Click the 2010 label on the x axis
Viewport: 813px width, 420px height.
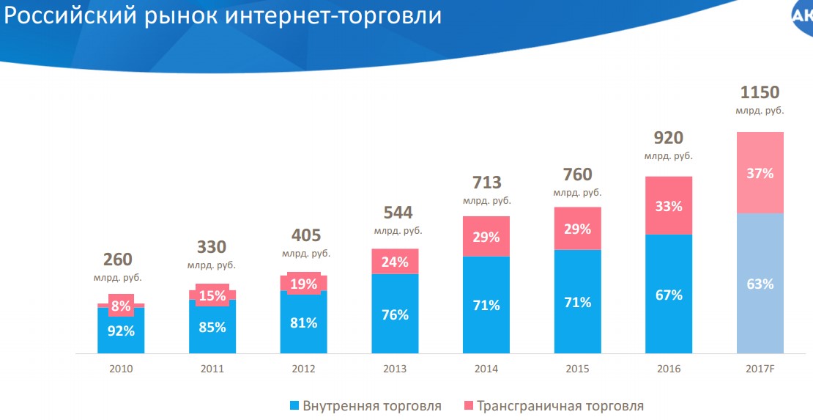click(121, 369)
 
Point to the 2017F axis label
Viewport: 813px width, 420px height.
click(760, 369)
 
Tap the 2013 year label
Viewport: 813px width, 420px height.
click(395, 369)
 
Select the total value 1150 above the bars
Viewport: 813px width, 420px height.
click(760, 92)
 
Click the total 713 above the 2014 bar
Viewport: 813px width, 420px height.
click(486, 182)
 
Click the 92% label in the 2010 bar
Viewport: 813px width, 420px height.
click(121, 331)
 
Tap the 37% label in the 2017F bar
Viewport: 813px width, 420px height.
click(760, 173)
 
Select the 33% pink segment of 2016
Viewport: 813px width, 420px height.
click(669, 206)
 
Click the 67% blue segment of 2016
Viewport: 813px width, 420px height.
click(669, 295)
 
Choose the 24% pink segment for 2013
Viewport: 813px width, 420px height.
click(395, 262)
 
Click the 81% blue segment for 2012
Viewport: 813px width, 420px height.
click(303, 323)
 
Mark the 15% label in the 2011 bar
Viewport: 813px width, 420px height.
click(212, 295)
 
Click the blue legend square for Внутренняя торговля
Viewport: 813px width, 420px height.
click(294, 405)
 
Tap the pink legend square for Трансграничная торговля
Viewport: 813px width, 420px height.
click(468, 405)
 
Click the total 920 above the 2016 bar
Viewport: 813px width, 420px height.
click(669, 138)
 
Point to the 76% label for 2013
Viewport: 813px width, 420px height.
click(395, 314)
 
